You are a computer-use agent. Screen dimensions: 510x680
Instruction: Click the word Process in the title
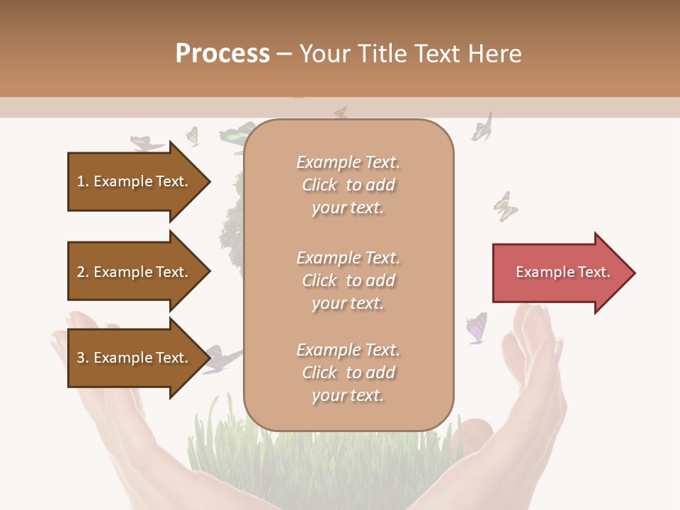222,54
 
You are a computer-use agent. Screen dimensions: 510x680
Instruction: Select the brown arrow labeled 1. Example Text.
135,181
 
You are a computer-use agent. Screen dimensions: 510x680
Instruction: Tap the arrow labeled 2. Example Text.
135,272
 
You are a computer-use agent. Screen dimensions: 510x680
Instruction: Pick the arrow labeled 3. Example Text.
135,358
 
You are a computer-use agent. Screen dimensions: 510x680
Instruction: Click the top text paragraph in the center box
348,185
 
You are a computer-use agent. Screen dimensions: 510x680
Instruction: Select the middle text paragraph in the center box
348,280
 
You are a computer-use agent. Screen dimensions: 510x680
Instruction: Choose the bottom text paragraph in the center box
348,373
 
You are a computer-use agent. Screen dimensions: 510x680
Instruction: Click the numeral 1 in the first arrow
81,181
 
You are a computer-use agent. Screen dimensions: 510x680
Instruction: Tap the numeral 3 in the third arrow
81,358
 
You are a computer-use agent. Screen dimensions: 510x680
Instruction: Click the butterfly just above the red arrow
505,206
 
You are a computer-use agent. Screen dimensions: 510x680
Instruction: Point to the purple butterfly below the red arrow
477,328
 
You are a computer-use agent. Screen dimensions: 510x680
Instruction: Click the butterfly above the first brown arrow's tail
147,142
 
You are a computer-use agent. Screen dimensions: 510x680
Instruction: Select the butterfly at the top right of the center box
482,128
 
